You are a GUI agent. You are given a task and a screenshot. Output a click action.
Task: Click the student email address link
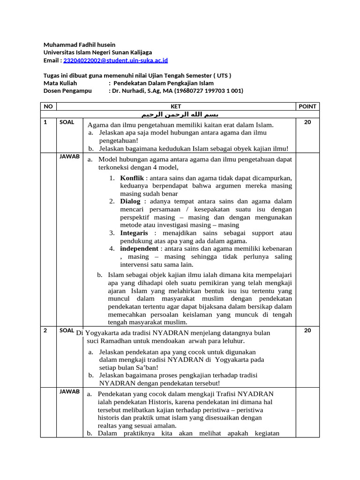115,60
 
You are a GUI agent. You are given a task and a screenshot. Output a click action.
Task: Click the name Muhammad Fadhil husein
79,45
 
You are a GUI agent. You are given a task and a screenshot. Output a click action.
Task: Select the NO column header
48,106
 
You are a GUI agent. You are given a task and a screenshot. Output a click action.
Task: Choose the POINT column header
307,106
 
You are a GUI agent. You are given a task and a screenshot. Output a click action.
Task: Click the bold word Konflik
132,178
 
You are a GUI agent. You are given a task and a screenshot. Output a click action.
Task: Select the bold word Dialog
130,201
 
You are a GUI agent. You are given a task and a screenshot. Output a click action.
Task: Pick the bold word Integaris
134,233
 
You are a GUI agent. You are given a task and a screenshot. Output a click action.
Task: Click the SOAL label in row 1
67,122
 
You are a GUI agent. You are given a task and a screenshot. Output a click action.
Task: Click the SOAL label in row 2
67,330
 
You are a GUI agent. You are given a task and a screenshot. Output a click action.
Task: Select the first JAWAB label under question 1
69,157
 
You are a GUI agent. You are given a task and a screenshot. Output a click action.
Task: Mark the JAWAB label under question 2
69,391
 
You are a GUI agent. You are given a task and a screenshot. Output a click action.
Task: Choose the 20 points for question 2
307,330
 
